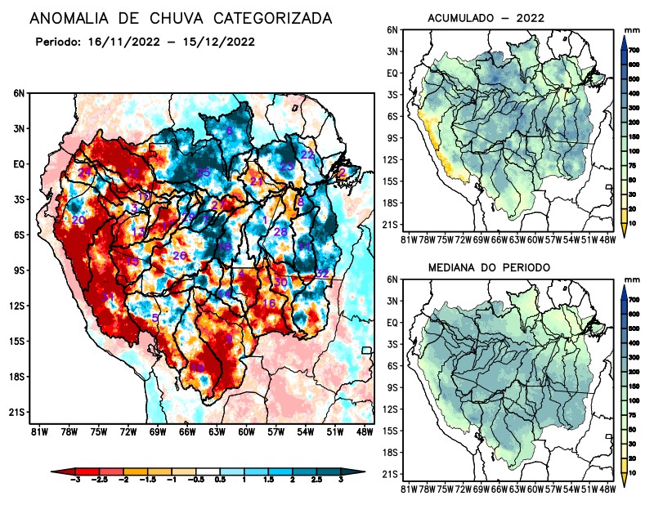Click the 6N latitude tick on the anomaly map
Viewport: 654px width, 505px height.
(x=18, y=94)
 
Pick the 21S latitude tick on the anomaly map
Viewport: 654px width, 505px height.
(x=16, y=413)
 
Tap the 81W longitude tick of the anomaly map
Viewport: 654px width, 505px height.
(x=38, y=432)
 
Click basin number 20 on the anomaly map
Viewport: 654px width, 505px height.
(x=78, y=221)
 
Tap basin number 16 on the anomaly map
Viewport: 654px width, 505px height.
(x=268, y=303)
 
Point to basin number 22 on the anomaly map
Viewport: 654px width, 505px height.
(x=307, y=154)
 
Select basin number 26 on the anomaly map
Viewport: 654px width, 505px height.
(x=180, y=257)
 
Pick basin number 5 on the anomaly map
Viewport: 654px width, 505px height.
(x=155, y=317)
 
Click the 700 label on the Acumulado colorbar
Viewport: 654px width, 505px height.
(x=634, y=50)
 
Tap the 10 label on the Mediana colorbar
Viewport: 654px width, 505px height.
(x=633, y=473)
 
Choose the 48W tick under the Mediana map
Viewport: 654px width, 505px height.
(x=607, y=489)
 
